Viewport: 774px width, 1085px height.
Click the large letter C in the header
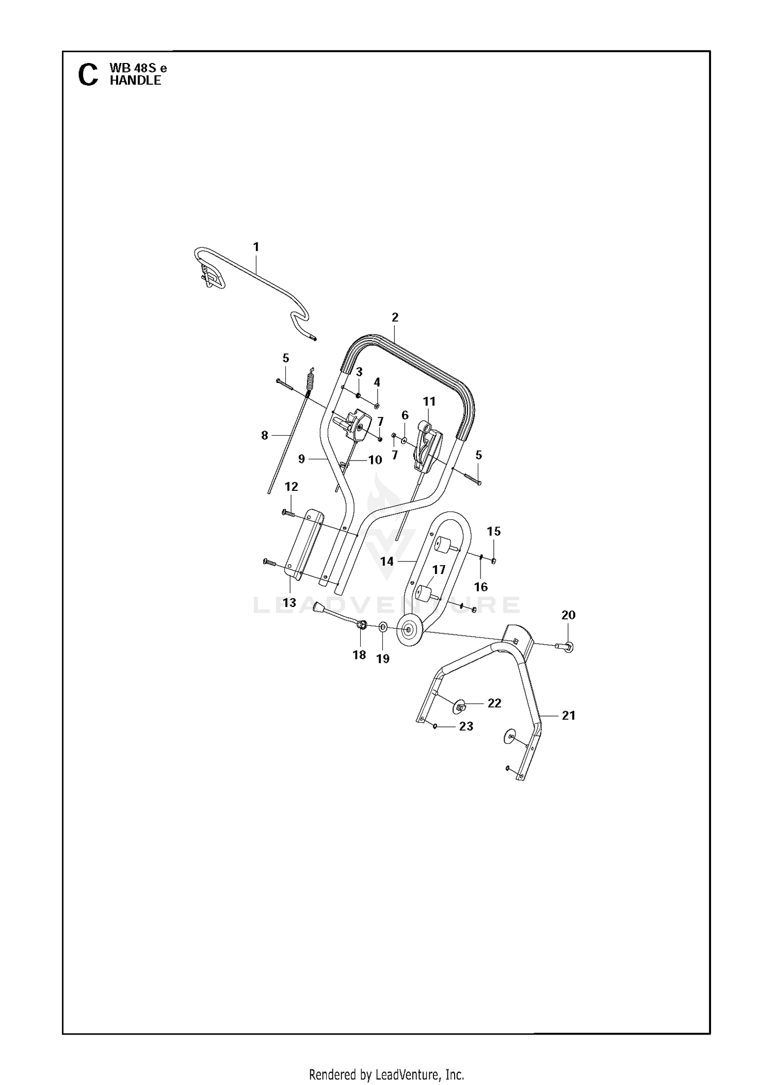88,75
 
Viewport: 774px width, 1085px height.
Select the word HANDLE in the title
135,81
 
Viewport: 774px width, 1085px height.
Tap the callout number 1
256,247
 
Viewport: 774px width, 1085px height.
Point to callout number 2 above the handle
395,317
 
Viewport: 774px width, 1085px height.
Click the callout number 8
265,436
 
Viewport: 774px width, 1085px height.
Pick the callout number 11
429,401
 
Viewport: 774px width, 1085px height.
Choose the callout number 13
289,602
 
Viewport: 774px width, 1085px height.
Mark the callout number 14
387,561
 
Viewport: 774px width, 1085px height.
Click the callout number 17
439,570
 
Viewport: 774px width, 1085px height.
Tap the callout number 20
568,615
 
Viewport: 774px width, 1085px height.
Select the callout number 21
569,715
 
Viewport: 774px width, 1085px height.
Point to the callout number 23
466,726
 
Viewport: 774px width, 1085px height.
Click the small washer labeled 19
382,627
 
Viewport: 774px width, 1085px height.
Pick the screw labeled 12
288,514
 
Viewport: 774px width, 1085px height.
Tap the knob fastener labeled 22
460,706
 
